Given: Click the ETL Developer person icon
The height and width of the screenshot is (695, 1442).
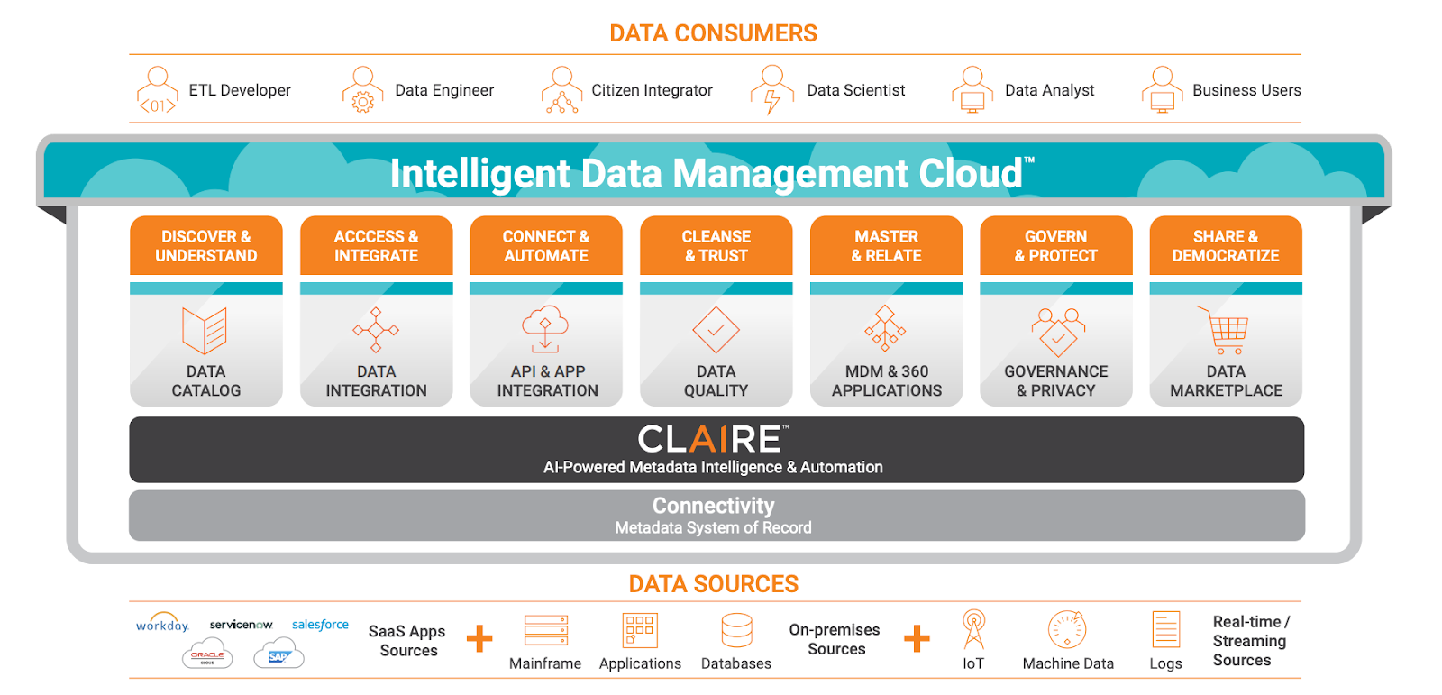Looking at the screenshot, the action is point(157,90).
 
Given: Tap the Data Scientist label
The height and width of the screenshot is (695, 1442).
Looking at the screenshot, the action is point(855,90).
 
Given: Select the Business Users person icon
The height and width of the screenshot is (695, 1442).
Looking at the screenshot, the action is point(1163,90).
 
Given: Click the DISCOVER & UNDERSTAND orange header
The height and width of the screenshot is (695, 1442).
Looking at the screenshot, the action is point(205,246).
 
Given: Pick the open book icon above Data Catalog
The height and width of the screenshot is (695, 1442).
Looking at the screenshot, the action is point(205,331).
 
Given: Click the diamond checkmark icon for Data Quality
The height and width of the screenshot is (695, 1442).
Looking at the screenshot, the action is point(716,330).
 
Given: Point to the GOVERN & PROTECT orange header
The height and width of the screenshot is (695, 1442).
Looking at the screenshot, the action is point(1055,246).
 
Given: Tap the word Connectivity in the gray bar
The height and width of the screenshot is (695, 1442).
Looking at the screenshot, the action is point(713,506).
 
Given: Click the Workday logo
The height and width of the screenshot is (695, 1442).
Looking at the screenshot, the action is point(162,625).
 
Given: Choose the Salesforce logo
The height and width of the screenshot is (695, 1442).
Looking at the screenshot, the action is point(320,624).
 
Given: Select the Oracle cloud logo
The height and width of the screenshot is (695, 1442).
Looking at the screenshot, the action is point(207,656).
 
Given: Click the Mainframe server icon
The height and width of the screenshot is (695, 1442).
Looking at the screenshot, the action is point(546,630).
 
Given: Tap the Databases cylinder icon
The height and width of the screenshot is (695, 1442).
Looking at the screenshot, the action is point(736,630).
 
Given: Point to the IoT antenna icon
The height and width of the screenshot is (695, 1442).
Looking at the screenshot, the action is point(973,629).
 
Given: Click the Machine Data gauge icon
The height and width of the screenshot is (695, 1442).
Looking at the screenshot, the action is point(1067,629).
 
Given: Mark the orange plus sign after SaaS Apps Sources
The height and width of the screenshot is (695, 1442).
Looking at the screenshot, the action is point(479,638).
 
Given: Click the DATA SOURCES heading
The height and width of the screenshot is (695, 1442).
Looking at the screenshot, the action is point(713,584).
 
